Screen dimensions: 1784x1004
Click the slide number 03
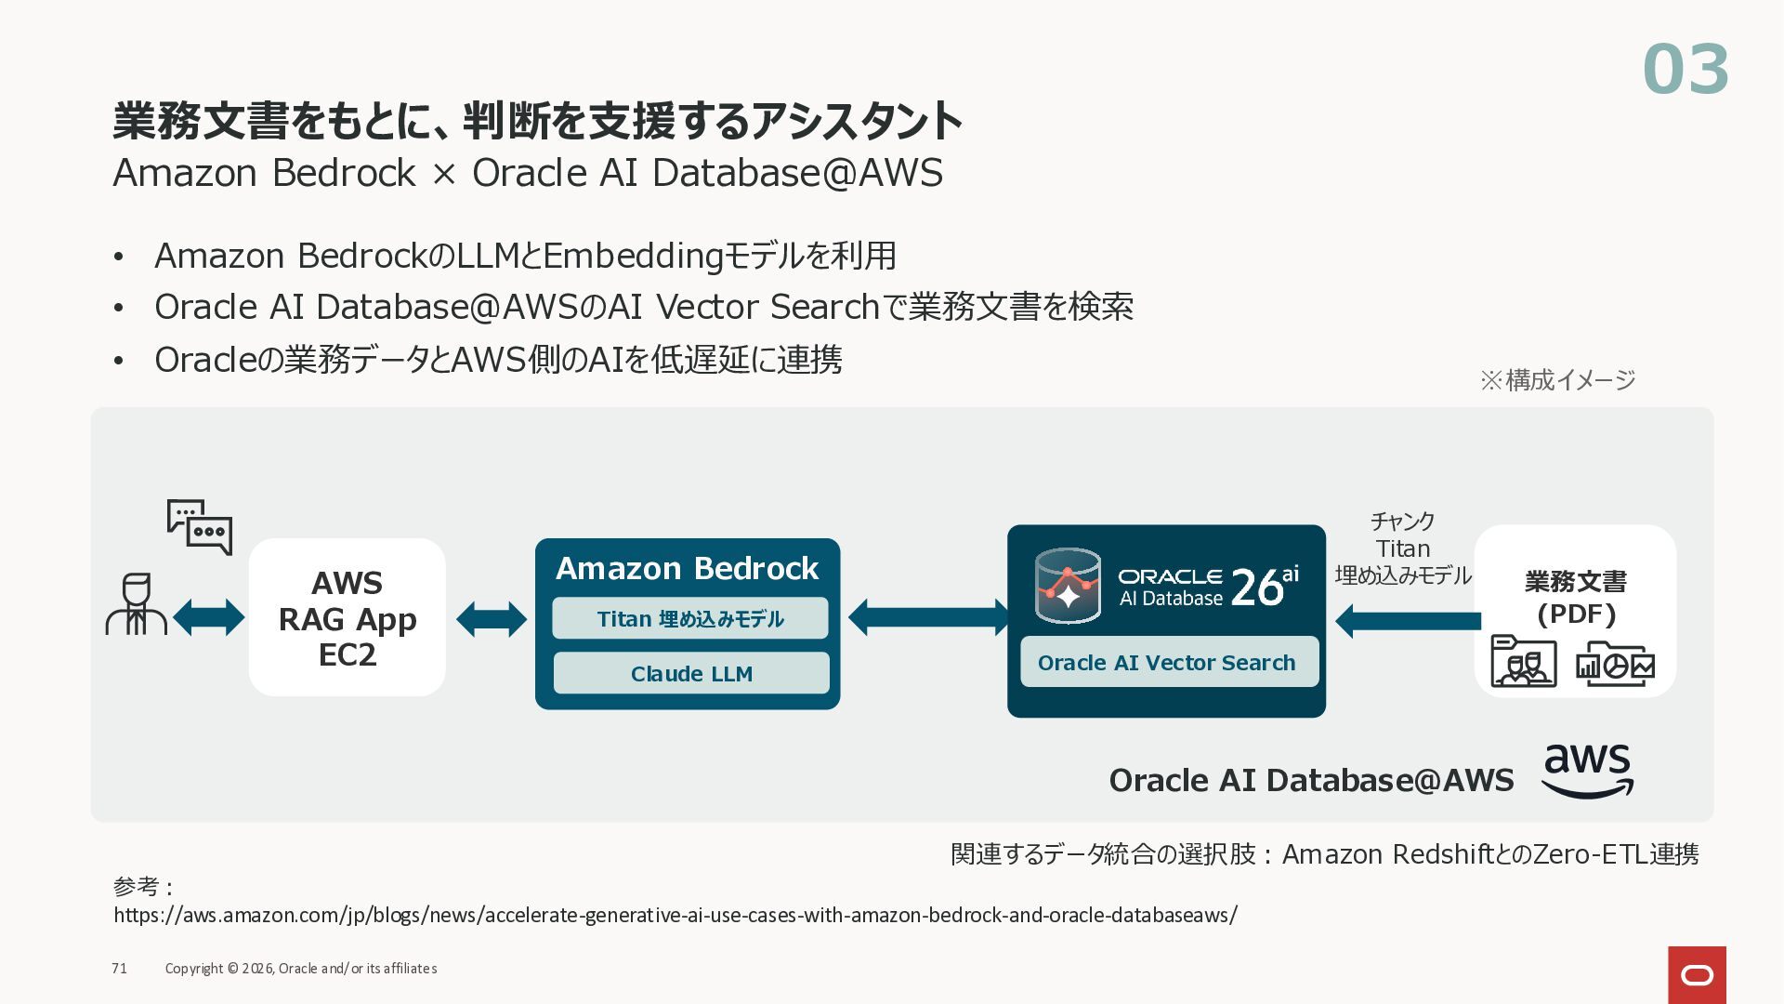coord(1686,70)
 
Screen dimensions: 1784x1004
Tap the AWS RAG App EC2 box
coord(348,617)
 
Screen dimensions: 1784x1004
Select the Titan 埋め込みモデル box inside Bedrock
coord(690,618)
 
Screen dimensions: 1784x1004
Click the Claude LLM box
coord(691,673)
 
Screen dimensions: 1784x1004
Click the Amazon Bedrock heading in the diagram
coord(687,568)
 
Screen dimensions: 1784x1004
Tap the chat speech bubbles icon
coord(200,527)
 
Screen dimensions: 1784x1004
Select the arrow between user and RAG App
coord(209,617)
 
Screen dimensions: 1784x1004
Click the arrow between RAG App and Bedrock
coord(492,618)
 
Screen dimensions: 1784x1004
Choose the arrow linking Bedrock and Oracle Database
coord(927,617)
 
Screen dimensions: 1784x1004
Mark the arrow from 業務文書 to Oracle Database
coord(1408,620)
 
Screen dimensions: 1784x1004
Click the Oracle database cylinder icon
coord(1068,586)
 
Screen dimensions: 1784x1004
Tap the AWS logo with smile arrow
coord(1587,771)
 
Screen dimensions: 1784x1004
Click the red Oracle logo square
coord(1697,974)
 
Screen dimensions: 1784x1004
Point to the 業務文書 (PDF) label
coord(1576,598)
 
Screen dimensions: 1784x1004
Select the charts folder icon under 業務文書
coord(1615,664)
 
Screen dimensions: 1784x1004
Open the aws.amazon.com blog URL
coord(676,915)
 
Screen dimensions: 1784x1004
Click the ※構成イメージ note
coord(1557,379)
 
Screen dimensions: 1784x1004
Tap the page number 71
coord(119,969)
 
